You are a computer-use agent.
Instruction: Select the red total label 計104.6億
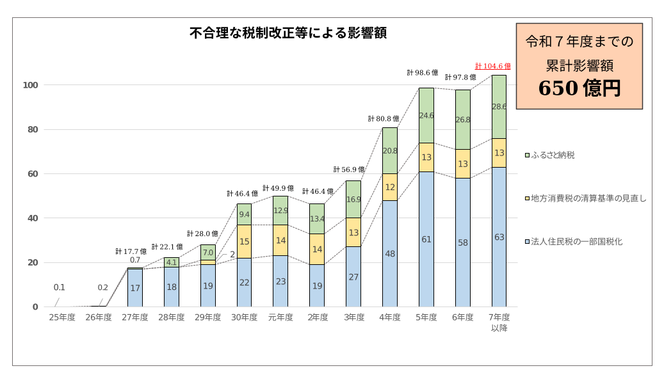tap(492, 66)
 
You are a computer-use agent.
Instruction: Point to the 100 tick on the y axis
tap(31, 85)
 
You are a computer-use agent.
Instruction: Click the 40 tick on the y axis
tap(34, 218)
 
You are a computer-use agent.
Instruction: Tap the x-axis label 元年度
tap(280, 317)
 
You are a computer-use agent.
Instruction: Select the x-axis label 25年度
tap(62, 317)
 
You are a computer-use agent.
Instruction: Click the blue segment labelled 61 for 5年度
tap(426, 239)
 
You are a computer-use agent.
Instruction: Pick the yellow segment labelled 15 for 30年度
tap(244, 242)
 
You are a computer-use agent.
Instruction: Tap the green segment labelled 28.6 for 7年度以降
tap(499, 107)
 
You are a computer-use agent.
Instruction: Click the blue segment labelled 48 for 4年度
tap(390, 254)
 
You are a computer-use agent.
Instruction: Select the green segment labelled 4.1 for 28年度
tap(172, 262)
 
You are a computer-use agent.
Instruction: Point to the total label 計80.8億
tap(384, 119)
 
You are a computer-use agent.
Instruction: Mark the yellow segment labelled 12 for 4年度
tap(390, 187)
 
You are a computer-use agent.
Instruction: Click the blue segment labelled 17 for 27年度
tap(135, 288)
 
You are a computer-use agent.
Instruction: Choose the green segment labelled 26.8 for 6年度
tap(463, 120)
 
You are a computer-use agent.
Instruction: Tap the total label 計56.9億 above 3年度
tap(349, 170)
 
